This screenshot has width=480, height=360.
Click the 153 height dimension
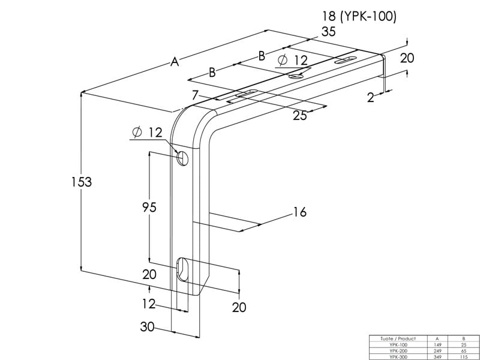(x=82, y=182)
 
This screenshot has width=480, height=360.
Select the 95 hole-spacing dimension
(x=149, y=207)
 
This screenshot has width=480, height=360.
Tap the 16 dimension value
(x=300, y=212)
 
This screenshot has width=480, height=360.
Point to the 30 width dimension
(x=147, y=327)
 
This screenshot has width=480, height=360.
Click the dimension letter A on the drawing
(x=175, y=62)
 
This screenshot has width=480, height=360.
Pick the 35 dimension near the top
(x=328, y=32)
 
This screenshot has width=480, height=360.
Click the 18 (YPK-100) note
(x=359, y=16)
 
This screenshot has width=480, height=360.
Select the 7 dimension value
(x=196, y=95)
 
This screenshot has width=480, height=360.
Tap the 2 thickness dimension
(x=371, y=98)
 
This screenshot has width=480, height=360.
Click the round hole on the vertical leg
(x=182, y=158)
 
